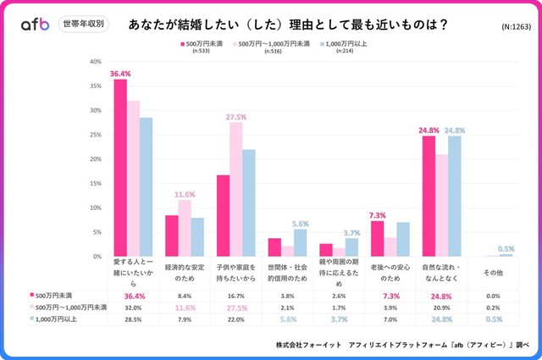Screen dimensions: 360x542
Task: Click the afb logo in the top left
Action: (36, 24)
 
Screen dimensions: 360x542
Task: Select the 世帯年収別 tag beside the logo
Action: (83, 24)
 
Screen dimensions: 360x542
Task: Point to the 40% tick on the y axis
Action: (96, 62)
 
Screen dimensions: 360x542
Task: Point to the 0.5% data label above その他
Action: (505, 248)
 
